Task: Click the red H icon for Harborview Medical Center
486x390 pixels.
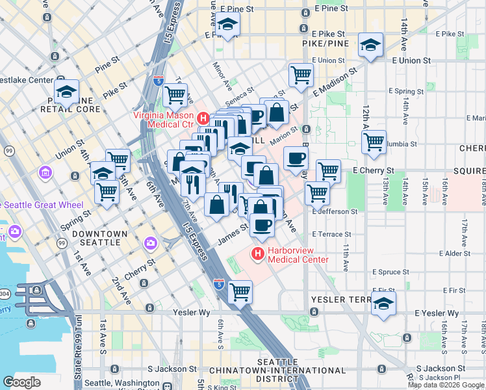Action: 258,253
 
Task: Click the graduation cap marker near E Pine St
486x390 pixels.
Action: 227,25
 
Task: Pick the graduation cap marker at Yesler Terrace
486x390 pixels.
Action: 383,304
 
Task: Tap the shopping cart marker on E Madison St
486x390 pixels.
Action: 301,75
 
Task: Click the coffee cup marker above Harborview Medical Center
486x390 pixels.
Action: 262,225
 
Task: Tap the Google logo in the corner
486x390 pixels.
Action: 21,382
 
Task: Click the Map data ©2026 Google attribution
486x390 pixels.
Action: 446,385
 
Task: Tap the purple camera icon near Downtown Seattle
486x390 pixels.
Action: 151,242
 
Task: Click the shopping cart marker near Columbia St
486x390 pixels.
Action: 374,141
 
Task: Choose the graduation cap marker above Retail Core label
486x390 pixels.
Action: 66,92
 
